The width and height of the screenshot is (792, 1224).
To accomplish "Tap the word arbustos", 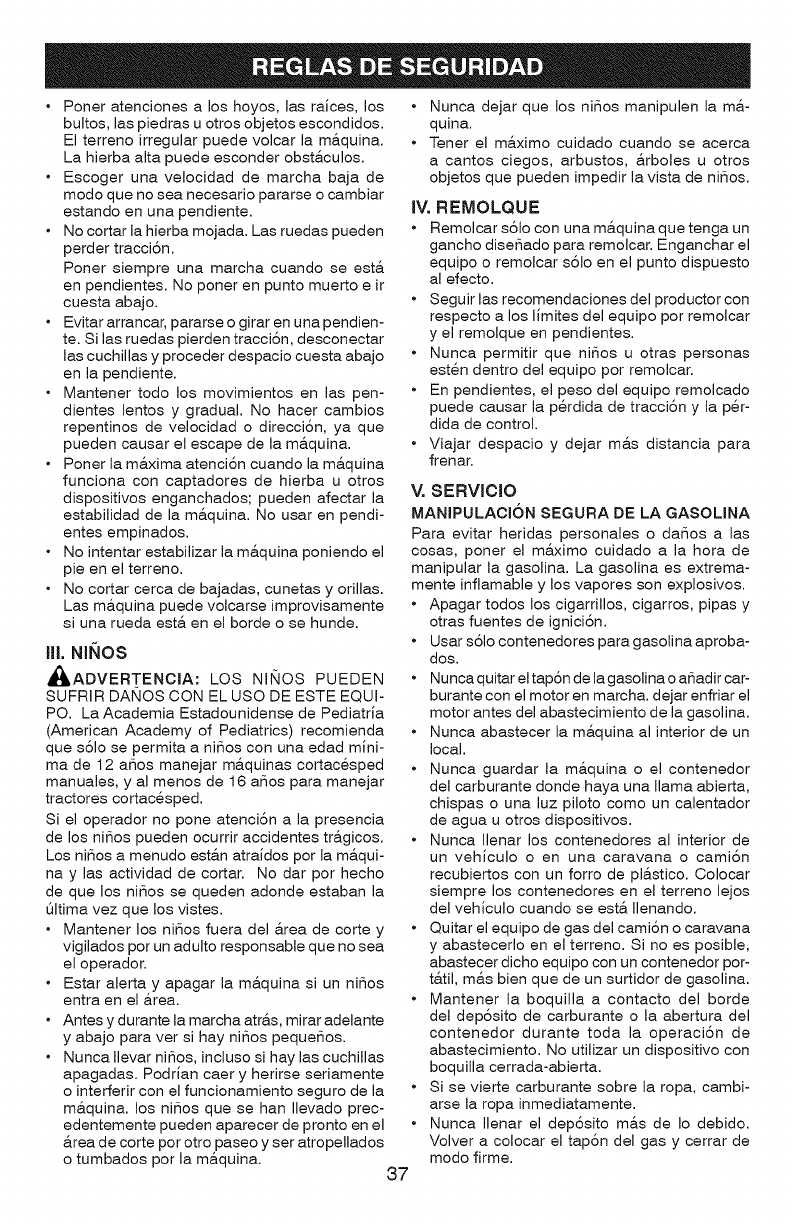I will point(595,161).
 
